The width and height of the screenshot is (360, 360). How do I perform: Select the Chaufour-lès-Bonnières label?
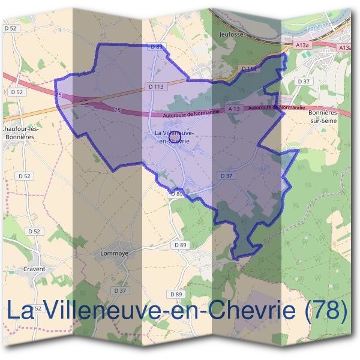pos(20,133)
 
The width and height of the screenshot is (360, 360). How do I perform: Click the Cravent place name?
pos(34,269)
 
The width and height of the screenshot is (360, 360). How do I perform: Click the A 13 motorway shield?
pos(234,109)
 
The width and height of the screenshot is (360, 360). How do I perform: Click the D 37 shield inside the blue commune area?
pos(226,175)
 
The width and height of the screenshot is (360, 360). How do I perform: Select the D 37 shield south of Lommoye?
pos(121,291)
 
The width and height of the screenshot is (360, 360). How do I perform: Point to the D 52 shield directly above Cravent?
pos(34,231)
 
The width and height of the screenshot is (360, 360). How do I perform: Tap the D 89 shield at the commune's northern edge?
pos(157,46)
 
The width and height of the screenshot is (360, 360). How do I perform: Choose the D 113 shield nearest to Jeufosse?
pos(249,69)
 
